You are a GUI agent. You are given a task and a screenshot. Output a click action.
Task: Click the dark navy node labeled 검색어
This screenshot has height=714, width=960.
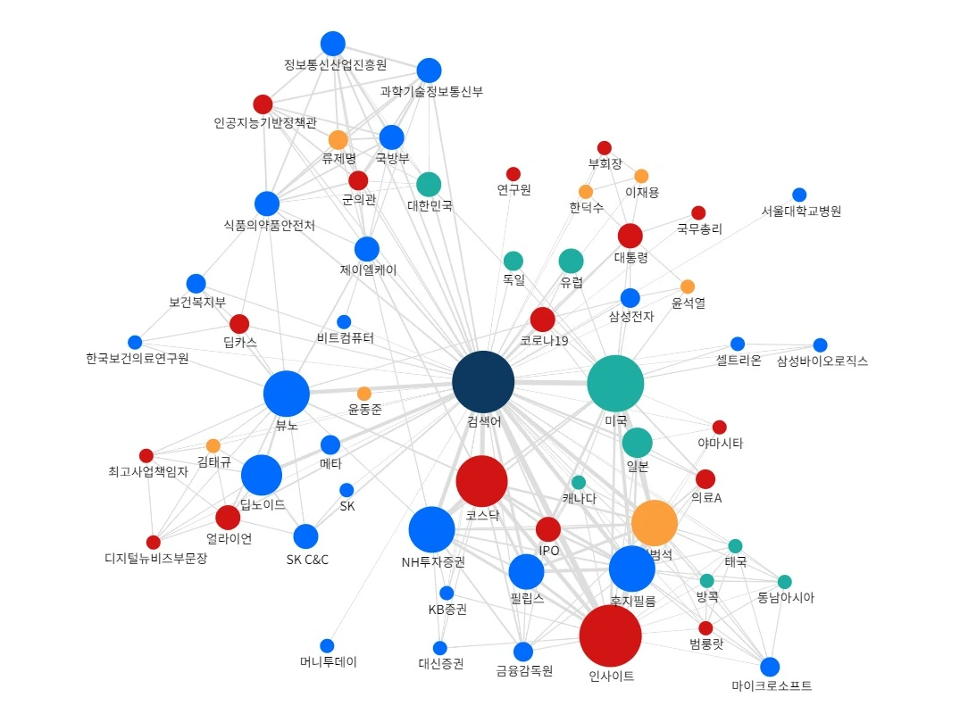point(483,382)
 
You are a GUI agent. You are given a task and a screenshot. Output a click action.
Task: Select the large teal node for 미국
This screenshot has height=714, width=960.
point(615,383)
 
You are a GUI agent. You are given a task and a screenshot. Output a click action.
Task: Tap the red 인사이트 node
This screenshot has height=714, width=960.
point(610,636)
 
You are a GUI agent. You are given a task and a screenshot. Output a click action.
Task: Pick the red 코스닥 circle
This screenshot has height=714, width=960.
point(481,481)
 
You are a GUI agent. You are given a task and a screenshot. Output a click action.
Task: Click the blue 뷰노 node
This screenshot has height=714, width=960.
point(287,394)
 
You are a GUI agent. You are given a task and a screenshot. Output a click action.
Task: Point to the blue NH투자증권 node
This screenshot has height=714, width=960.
point(431,529)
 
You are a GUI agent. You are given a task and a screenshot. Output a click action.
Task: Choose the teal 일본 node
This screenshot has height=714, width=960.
point(637,443)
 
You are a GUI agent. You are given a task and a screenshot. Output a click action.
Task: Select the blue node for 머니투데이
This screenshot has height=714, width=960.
point(327,646)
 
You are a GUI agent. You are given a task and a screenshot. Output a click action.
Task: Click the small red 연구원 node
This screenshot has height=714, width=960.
point(513,174)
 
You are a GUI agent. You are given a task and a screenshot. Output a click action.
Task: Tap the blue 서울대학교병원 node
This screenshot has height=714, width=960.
point(799,195)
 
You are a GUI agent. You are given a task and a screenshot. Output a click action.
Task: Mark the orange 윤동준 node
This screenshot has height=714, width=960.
point(364,394)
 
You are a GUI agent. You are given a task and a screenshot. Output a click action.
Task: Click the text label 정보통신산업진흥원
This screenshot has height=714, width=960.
point(335,64)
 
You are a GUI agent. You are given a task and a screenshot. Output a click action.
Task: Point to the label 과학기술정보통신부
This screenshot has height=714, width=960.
point(431,91)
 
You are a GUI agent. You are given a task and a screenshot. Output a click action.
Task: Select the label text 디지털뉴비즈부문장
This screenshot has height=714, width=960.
point(155,559)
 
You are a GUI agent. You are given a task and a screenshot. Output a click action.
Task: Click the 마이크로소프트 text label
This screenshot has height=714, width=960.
point(772,685)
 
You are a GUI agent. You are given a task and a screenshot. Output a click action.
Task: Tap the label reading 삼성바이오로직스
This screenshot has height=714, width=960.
point(822,361)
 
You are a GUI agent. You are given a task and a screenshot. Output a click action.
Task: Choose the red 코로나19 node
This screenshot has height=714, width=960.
point(543,320)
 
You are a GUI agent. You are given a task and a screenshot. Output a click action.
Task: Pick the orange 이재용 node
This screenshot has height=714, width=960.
point(641,176)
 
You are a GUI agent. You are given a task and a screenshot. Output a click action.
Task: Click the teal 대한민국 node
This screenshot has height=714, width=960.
point(429,184)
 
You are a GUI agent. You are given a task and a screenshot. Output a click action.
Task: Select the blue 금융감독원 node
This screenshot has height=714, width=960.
point(523,652)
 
